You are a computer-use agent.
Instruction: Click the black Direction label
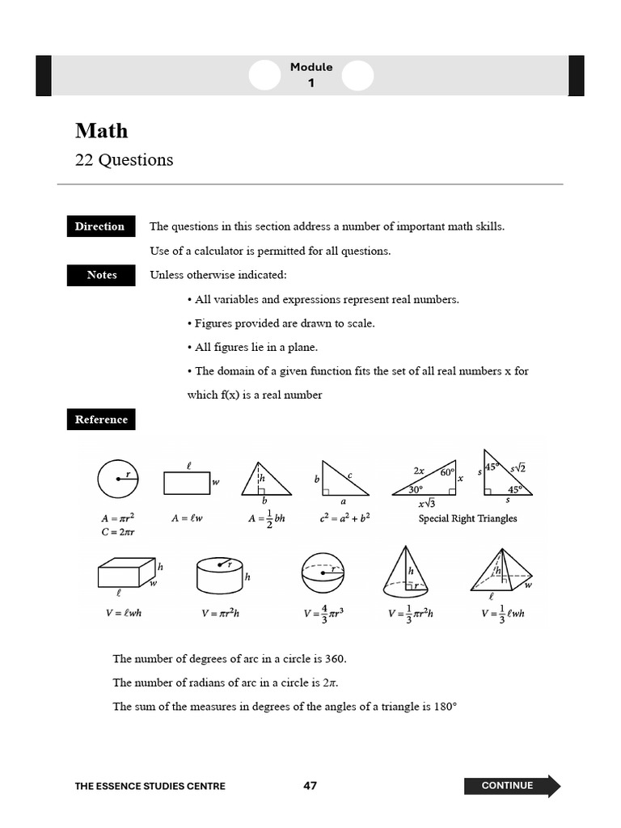pyautogui.click(x=99, y=226)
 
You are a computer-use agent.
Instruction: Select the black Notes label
pyautogui.click(x=102, y=275)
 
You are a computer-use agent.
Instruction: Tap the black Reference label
pyautogui.click(x=101, y=420)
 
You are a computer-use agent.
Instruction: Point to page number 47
pyautogui.click(x=310, y=786)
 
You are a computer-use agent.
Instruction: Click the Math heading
pyautogui.click(x=102, y=131)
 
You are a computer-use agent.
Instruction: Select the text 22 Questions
pyautogui.click(x=124, y=160)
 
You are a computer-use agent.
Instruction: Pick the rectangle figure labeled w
pyautogui.click(x=187, y=483)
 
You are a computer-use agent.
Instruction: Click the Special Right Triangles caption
pyautogui.click(x=467, y=518)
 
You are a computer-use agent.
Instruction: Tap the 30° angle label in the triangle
pyautogui.click(x=415, y=489)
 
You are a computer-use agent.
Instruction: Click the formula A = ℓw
pyautogui.click(x=186, y=518)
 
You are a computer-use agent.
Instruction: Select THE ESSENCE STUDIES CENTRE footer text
pyautogui.click(x=150, y=786)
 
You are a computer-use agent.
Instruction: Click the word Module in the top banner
pyautogui.click(x=311, y=67)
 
